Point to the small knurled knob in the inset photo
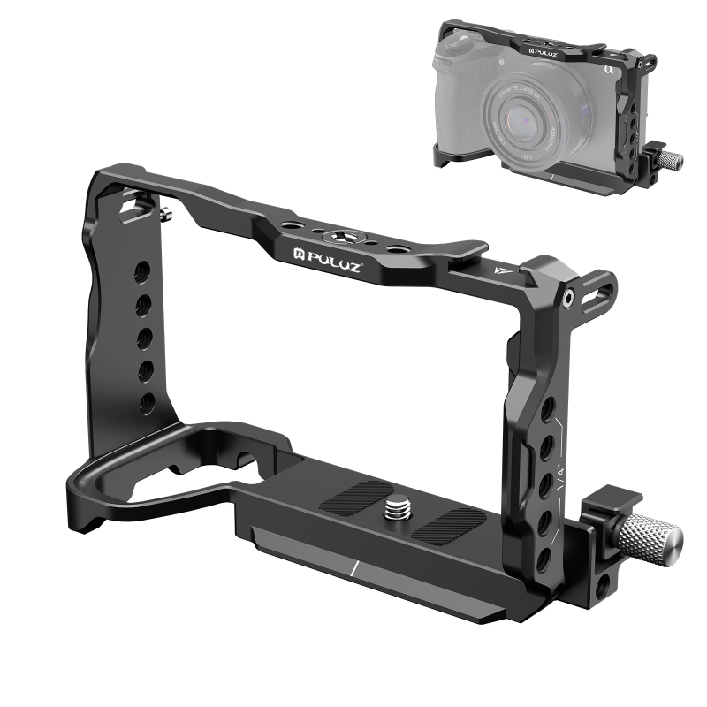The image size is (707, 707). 672,160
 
